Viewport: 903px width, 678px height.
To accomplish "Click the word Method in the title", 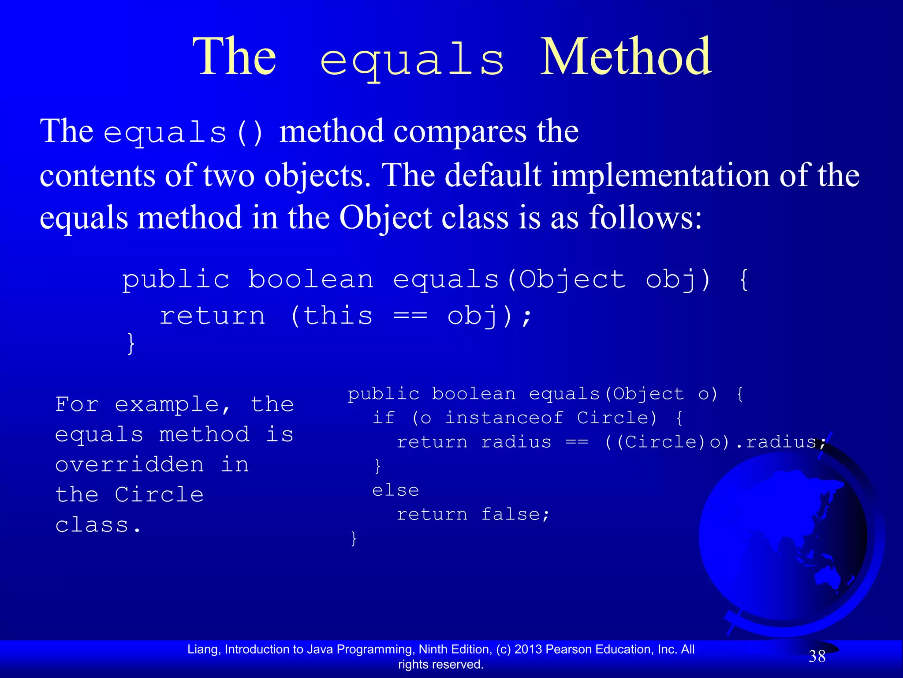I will (626, 57).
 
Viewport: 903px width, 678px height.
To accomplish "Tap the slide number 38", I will (817, 656).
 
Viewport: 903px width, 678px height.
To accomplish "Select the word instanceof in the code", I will (504, 418).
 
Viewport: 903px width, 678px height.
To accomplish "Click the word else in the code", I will (396, 490).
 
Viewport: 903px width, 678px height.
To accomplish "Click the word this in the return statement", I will (338, 316).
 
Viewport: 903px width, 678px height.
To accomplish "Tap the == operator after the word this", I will (410, 316).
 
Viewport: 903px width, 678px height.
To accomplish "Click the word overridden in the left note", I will (130, 465).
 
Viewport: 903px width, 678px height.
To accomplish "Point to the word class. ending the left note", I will (98, 525).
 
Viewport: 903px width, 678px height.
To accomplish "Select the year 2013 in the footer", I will (528, 649).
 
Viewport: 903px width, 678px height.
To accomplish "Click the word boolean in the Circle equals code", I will (474, 394).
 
